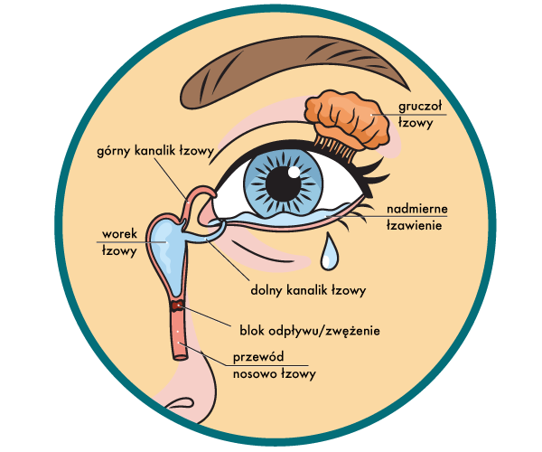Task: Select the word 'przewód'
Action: pos(261,356)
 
